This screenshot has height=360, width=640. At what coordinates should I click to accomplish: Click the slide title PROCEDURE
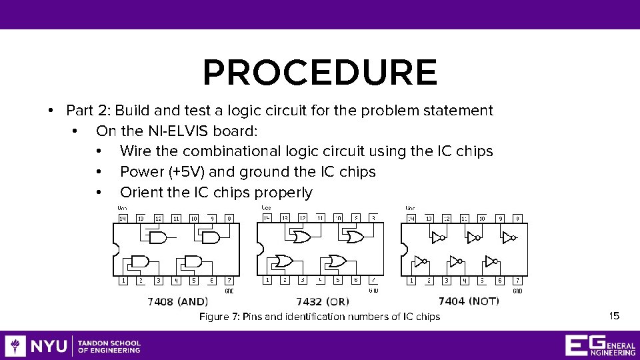click(x=320, y=73)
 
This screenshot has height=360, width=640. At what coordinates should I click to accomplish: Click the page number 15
click(x=614, y=315)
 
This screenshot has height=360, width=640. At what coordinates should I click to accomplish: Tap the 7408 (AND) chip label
click(x=178, y=302)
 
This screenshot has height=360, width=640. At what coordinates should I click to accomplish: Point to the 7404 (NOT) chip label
click(x=469, y=301)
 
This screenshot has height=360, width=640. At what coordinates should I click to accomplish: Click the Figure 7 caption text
click(x=319, y=317)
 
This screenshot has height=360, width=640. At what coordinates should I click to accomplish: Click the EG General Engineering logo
click(x=599, y=345)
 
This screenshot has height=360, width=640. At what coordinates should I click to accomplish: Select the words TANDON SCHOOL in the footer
click(x=109, y=343)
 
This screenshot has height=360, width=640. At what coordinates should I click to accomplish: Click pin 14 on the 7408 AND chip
click(x=123, y=218)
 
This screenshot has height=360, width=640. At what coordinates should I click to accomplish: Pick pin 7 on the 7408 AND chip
click(x=229, y=281)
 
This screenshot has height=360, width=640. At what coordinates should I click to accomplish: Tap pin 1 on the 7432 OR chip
click(x=267, y=281)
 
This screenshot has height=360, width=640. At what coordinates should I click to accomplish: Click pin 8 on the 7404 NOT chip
click(x=517, y=218)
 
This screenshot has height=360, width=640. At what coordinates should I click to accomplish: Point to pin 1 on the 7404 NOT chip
click(x=411, y=281)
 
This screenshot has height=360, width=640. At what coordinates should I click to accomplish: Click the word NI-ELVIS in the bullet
click(x=151, y=131)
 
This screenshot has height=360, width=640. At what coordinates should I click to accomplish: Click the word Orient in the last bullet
click(x=141, y=193)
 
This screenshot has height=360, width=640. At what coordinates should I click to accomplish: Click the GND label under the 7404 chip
click(x=517, y=291)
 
